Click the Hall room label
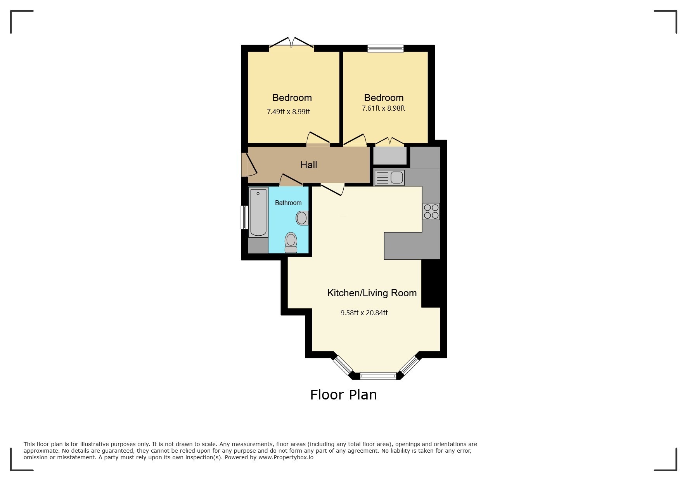(308, 165)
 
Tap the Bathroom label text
(288, 203)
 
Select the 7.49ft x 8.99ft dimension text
(288, 112)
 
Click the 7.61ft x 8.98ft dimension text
(383, 108)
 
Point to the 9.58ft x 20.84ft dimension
(364, 313)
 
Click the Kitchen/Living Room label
(372, 293)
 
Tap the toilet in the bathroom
(291, 242)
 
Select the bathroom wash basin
(302, 218)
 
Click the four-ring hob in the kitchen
(431, 211)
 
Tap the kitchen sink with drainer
(389, 178)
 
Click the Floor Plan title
(343, 395)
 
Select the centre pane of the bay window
(378, 375)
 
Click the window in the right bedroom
(386, 49)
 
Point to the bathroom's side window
(244, 217)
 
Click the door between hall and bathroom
(291, 180)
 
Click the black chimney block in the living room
(431, 283)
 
